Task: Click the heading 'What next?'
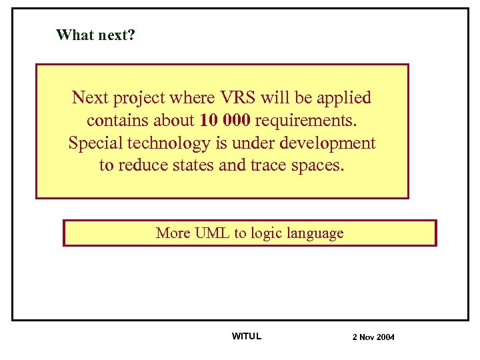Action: pyautogui.click(x=96, y=35)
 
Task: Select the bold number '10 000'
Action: pyautogui.click(x=224, y=121)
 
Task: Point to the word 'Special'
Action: pyautogui.click(x=93, y=143)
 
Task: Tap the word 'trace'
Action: pyautogui.click(x=269, y=165)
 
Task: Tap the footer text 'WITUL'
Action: pyautogui.click(x=247, y=336)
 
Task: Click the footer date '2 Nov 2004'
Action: pyautogui.click(x=373, y=337)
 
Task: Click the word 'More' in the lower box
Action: pyautogui.click(x=173, y=233)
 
